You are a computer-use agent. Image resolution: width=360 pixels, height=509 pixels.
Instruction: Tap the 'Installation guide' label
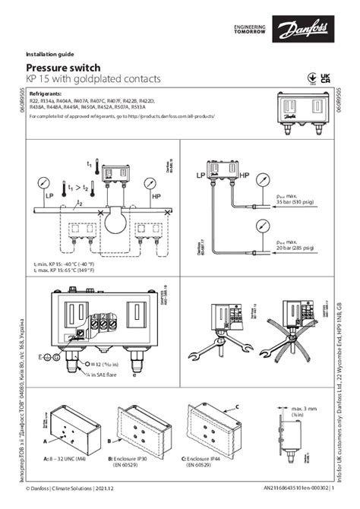52,55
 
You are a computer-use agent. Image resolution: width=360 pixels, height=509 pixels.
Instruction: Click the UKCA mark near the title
327,77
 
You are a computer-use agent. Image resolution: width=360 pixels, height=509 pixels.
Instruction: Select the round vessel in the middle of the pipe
112,224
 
